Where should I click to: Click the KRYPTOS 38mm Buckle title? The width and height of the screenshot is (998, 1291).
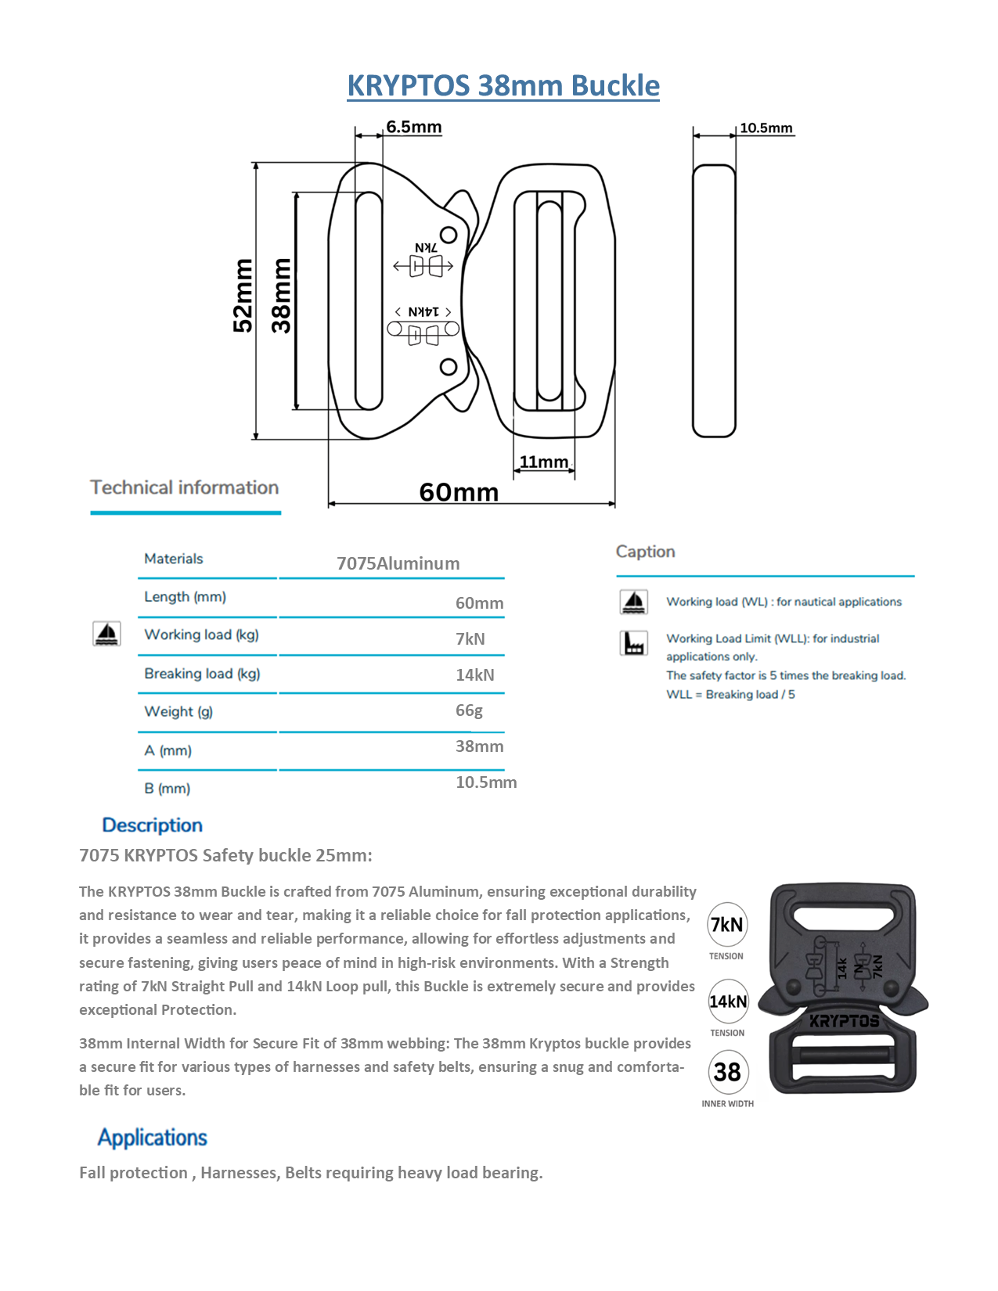pyautogui.click(x=503, y=85)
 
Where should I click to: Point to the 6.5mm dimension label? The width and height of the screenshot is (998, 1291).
pyautogui.click(x=413, y=127)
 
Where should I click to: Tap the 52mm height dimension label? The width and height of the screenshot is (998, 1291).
pyautogui.click(x=243, y=296)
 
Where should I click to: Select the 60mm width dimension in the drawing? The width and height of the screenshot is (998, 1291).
pyautogui.click(x=459, y=492)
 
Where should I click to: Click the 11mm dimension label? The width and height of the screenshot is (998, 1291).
pyautogui.click(x=544, y=462)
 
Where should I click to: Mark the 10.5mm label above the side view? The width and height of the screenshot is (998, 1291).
pyautogui.click(x=766, y=128)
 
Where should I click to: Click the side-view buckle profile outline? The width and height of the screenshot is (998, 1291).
pyautogui.click(x=714, y=300)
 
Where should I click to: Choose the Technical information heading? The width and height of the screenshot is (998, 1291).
pyautogui.click(x=185, y=487)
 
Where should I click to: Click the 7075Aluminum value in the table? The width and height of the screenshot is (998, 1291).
pyautogui.click(x=398, y=563)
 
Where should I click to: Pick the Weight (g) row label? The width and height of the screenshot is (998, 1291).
pyautogui.click(x=178, y=711)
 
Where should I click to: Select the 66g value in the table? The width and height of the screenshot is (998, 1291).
pyautogui.click(x=469, y=710)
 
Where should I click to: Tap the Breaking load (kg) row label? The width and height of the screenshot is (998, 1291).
pyautogui.click(x=202, y=674)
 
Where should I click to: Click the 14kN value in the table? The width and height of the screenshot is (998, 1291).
pyautogui.click(x=474, y=674)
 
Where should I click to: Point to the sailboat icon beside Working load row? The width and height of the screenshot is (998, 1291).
pyautogui.click(x=106, y=634)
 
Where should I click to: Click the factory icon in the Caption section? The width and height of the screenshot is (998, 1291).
pyautogui.click(x=633, y=643)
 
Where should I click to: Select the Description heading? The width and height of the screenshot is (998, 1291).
pyautogui.click(x=152, y=825)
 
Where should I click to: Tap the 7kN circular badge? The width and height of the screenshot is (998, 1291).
pyautogui.click(x=726, y=925)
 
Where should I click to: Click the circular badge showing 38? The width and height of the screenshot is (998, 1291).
pyautogui.click(x=727, y=1071)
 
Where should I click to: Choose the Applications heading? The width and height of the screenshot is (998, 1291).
pyautogui.click(x=152, y=1138)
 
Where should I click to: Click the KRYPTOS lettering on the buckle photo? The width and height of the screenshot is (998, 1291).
pyautogui.click(x=844, y=1021)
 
